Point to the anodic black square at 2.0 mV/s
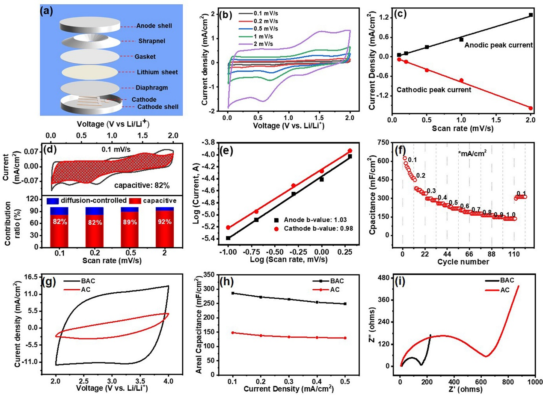(x=531, y=15)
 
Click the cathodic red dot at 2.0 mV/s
(x=531, y=108)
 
